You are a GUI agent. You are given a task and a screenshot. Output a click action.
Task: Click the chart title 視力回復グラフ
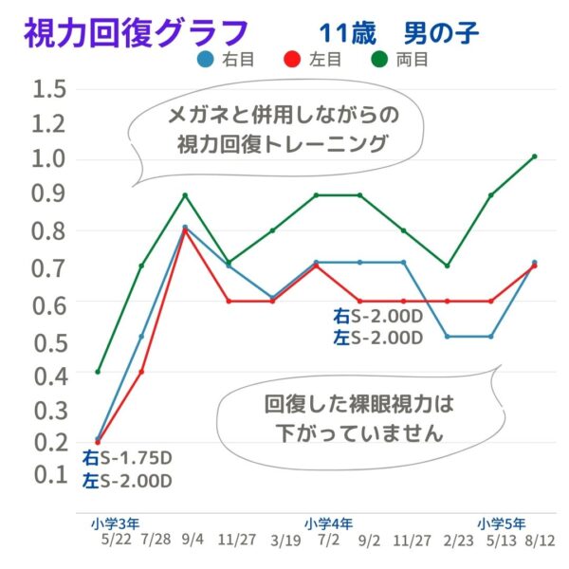(138, 35)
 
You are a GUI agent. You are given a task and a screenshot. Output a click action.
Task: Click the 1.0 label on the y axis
(48, 158)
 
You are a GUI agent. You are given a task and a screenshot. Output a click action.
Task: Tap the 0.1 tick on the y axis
(48, 473)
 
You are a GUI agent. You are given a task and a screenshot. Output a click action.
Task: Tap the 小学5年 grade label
(503, 523)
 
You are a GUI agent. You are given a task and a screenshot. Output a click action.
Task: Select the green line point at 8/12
(535, 156)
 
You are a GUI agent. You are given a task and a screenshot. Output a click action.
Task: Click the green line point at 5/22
(98, 372)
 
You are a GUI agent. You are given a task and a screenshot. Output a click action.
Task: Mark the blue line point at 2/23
(448, 337)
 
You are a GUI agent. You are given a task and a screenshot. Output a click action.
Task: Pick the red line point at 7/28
(141, 372)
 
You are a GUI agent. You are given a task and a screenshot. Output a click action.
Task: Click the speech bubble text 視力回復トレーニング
(283, 145)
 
